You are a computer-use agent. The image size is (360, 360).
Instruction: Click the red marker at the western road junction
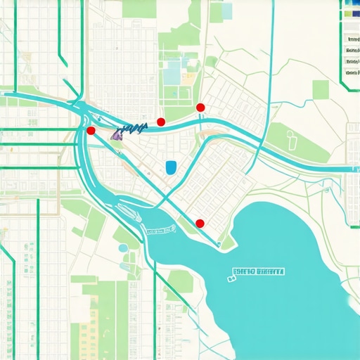tap(90, 131)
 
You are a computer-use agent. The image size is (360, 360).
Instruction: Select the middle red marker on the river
tap(161, 122)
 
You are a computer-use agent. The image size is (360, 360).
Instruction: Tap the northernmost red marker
tap(200, 107)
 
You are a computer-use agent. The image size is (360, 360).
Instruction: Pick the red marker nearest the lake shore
tap(200, 224)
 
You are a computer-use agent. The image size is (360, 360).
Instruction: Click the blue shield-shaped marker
tap(170, 167)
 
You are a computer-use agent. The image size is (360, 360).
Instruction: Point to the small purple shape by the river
tap(116, 134)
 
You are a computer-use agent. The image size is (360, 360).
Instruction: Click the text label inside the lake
tap(259, 271)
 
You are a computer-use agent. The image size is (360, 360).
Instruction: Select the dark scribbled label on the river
tap(134, 127)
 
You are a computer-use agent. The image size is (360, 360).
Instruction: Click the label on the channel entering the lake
tap(159, 230)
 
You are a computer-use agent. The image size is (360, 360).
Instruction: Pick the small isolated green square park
tap(321, 89)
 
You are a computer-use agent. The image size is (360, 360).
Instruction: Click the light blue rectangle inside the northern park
tap(172, 71)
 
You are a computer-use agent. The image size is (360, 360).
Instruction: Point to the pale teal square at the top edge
tap(226, 10)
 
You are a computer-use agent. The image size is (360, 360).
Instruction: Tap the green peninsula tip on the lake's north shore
tap(226, 244)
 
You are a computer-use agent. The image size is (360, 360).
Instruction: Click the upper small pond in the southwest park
tap(123, 248)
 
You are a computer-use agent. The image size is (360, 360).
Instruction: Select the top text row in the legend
tap(352, 39)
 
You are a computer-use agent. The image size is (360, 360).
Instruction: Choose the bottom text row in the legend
tap(352, 73)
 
